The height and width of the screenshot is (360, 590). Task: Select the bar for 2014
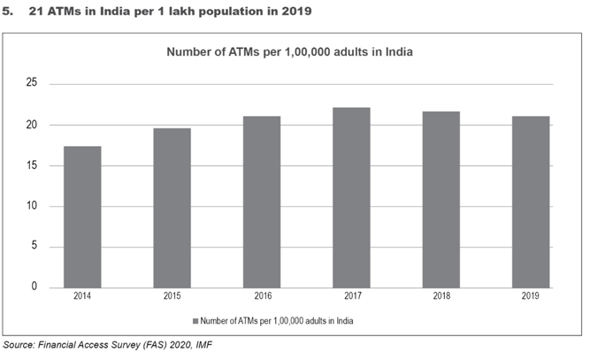click(x=82, y=217)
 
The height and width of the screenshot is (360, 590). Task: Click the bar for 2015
click(x=172, y=208)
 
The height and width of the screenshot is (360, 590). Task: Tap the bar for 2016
click(x=262, y=202)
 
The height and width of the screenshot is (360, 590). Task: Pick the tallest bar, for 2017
click(x=351, y=197)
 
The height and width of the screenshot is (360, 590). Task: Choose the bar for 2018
click(x=441, y=199)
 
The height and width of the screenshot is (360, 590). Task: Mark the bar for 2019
click(x=531, y=202)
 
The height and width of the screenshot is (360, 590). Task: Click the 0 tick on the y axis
click(x=34, y=287)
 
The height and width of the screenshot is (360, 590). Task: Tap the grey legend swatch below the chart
click(x=195, y=320)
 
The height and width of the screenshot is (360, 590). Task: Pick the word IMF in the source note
click(x=205, y=345)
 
